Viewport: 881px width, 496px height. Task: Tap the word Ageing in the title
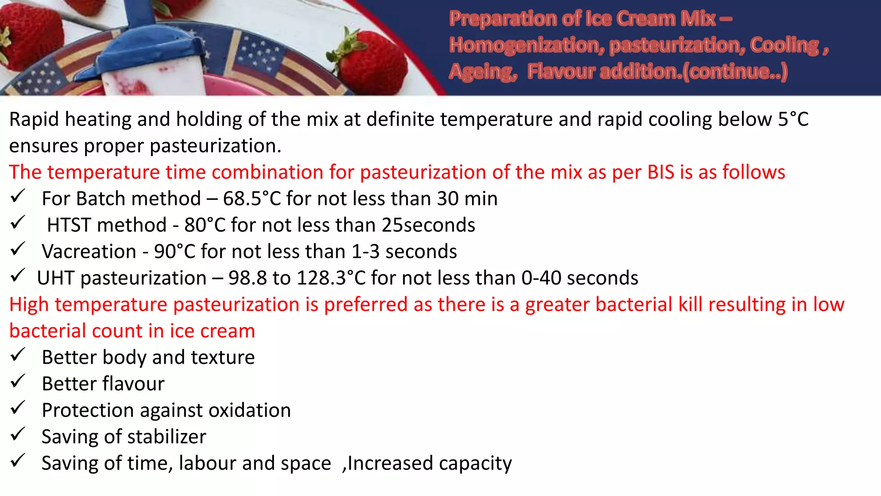482,72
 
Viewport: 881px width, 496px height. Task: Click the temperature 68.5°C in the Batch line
252,199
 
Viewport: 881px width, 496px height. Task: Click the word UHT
55,278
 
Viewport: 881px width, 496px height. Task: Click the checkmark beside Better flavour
18,381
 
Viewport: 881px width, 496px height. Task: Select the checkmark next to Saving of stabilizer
18,434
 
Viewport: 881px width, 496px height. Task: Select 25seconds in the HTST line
428,225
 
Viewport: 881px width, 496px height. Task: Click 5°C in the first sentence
793,119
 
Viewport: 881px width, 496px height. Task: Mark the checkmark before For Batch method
18,196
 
